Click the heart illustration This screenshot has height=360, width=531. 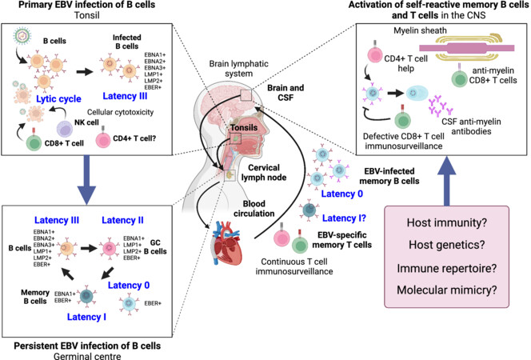[x=227, y=242]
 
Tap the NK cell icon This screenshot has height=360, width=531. [x=65, y=129]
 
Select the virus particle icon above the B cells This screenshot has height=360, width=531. [x=22, y=36]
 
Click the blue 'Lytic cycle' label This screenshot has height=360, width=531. [x=58, y=99]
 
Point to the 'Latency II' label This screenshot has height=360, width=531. [x=122, y=220]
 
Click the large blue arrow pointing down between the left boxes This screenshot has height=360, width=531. [x=86, y=179]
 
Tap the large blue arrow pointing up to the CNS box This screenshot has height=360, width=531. [x=447, y=181]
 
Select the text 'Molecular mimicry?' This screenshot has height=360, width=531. [x=447, y=290]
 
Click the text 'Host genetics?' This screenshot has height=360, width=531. [x=447, y=245]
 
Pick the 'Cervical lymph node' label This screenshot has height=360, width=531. [x=264, y=172]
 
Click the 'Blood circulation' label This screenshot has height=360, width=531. [x=254, y=209]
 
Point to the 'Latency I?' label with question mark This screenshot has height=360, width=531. [x=344, y=218]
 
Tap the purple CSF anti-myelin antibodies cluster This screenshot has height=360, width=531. [x=441, y=106]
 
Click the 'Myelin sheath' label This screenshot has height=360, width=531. [x=420, y=30]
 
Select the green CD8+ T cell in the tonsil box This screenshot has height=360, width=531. [x=34, y=142]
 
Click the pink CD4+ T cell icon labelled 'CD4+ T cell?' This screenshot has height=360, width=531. [x=103, y=138]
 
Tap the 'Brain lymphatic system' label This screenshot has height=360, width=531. [x=239, y=69]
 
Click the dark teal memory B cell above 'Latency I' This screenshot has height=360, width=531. [x=86, y=296]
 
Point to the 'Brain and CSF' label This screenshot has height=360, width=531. [x=285, y=93]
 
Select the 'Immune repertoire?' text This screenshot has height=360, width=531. [x=447, y=268]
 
